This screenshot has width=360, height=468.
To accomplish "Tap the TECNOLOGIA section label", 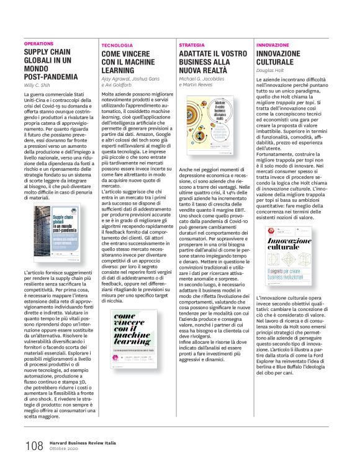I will [117, 46].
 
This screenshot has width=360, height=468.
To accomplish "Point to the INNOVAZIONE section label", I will [272, 46].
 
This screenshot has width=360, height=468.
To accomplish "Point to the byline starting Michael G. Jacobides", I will [209, 80].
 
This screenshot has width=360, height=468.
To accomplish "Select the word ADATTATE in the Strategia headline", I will [199, 54].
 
